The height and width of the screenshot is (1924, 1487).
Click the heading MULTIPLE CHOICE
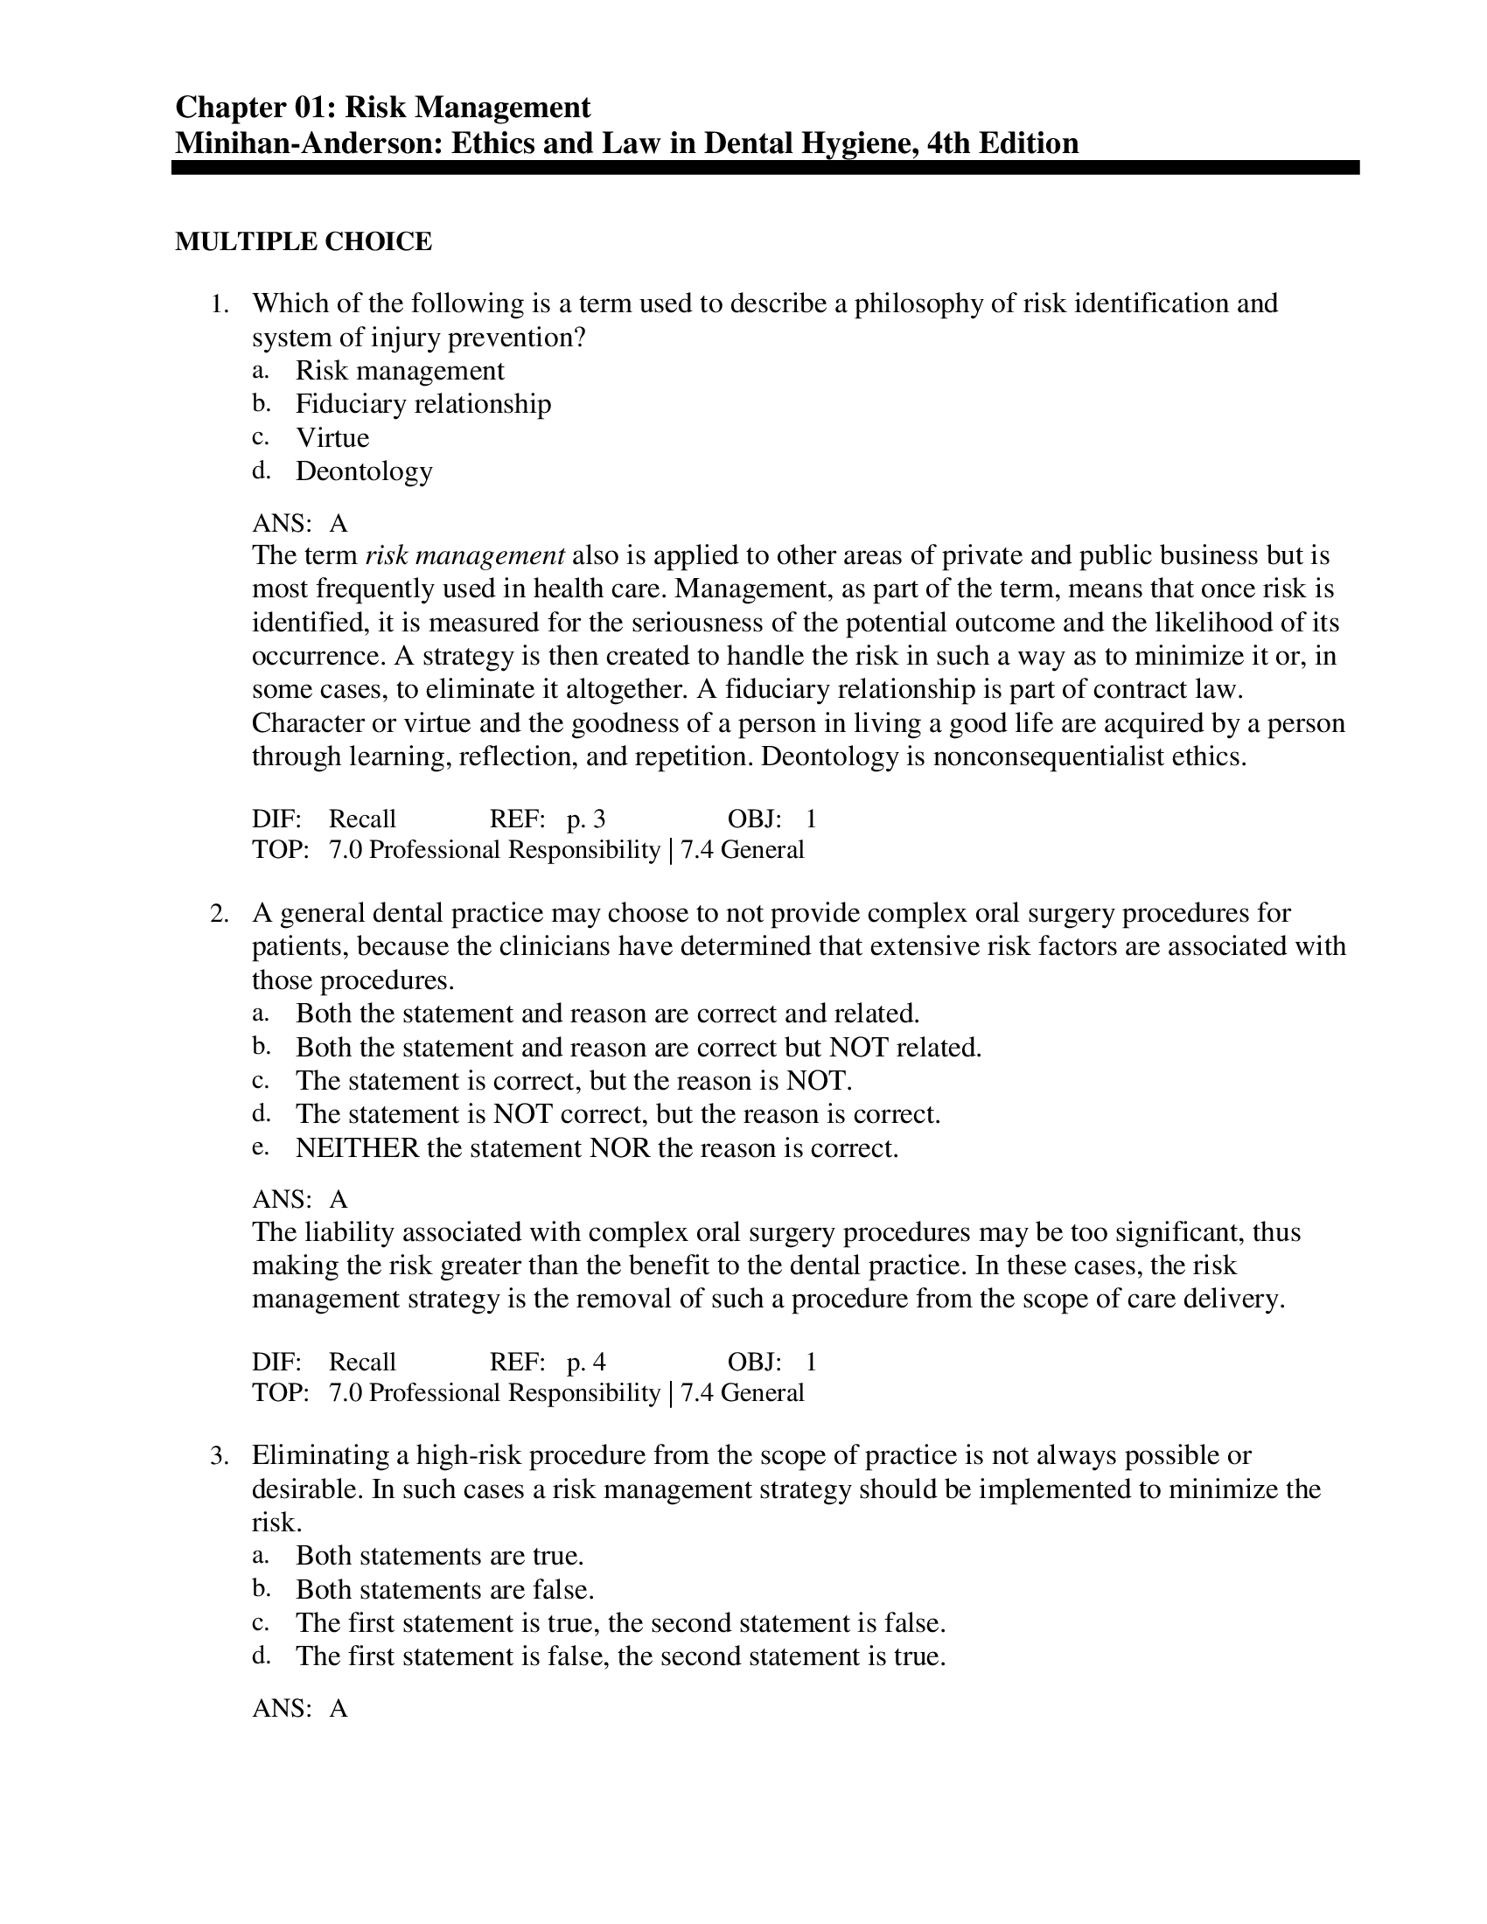pos(303,241)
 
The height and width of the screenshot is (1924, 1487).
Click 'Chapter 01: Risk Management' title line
pos(382,108)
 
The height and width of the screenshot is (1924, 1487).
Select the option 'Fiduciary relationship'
pos(422,404)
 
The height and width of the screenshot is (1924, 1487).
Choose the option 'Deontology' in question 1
pos(364,471)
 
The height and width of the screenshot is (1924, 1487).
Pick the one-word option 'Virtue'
pos(332,438)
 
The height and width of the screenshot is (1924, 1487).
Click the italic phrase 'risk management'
pos(464,556)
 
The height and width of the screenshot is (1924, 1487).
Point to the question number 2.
pos(220,914)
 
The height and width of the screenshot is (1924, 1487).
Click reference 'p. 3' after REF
pos(586,820)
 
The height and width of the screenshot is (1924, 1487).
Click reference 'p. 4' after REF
pos(586,1363)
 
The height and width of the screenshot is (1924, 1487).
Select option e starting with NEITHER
pos(597,1149)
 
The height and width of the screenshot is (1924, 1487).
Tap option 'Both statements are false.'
pos(445,1590)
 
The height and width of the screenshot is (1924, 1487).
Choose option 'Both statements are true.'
pos(440,1557)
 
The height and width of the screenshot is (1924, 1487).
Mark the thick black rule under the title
pos(764,167)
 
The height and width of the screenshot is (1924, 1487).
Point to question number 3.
pos(220,1456)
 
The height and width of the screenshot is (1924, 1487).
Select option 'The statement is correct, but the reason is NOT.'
pos(574,1081)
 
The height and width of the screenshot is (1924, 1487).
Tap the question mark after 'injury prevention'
pos(579,338)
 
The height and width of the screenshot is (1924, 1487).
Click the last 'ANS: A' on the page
pos(299,1709)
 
